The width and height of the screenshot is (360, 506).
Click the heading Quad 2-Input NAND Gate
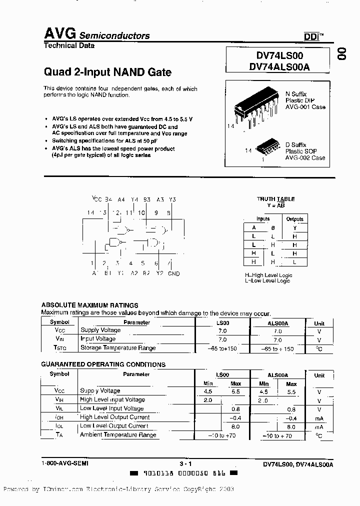(x=107, y=72)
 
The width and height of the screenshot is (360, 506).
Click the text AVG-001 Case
(x=305, y=107)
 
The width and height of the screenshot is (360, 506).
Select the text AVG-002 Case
(x=305, y=157)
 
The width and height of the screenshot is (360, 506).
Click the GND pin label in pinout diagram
(x=173, y=273)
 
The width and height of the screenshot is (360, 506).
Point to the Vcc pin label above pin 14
(x=96, y=199)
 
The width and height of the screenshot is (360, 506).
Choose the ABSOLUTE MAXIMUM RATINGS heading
(x=89, y=305)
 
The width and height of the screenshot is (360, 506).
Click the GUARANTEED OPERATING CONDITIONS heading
(x=103, y=364)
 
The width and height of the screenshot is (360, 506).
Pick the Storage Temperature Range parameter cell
(x=118, y=348)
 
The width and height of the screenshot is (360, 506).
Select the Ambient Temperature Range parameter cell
(x=118, y=435)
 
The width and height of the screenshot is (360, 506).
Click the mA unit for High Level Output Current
(x=319, y=417)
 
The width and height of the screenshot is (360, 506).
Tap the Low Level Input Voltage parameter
(x=112, y=408)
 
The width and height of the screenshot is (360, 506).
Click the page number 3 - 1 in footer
(x=185, y=463)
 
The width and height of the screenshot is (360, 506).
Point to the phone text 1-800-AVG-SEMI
(x=65, y=463)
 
